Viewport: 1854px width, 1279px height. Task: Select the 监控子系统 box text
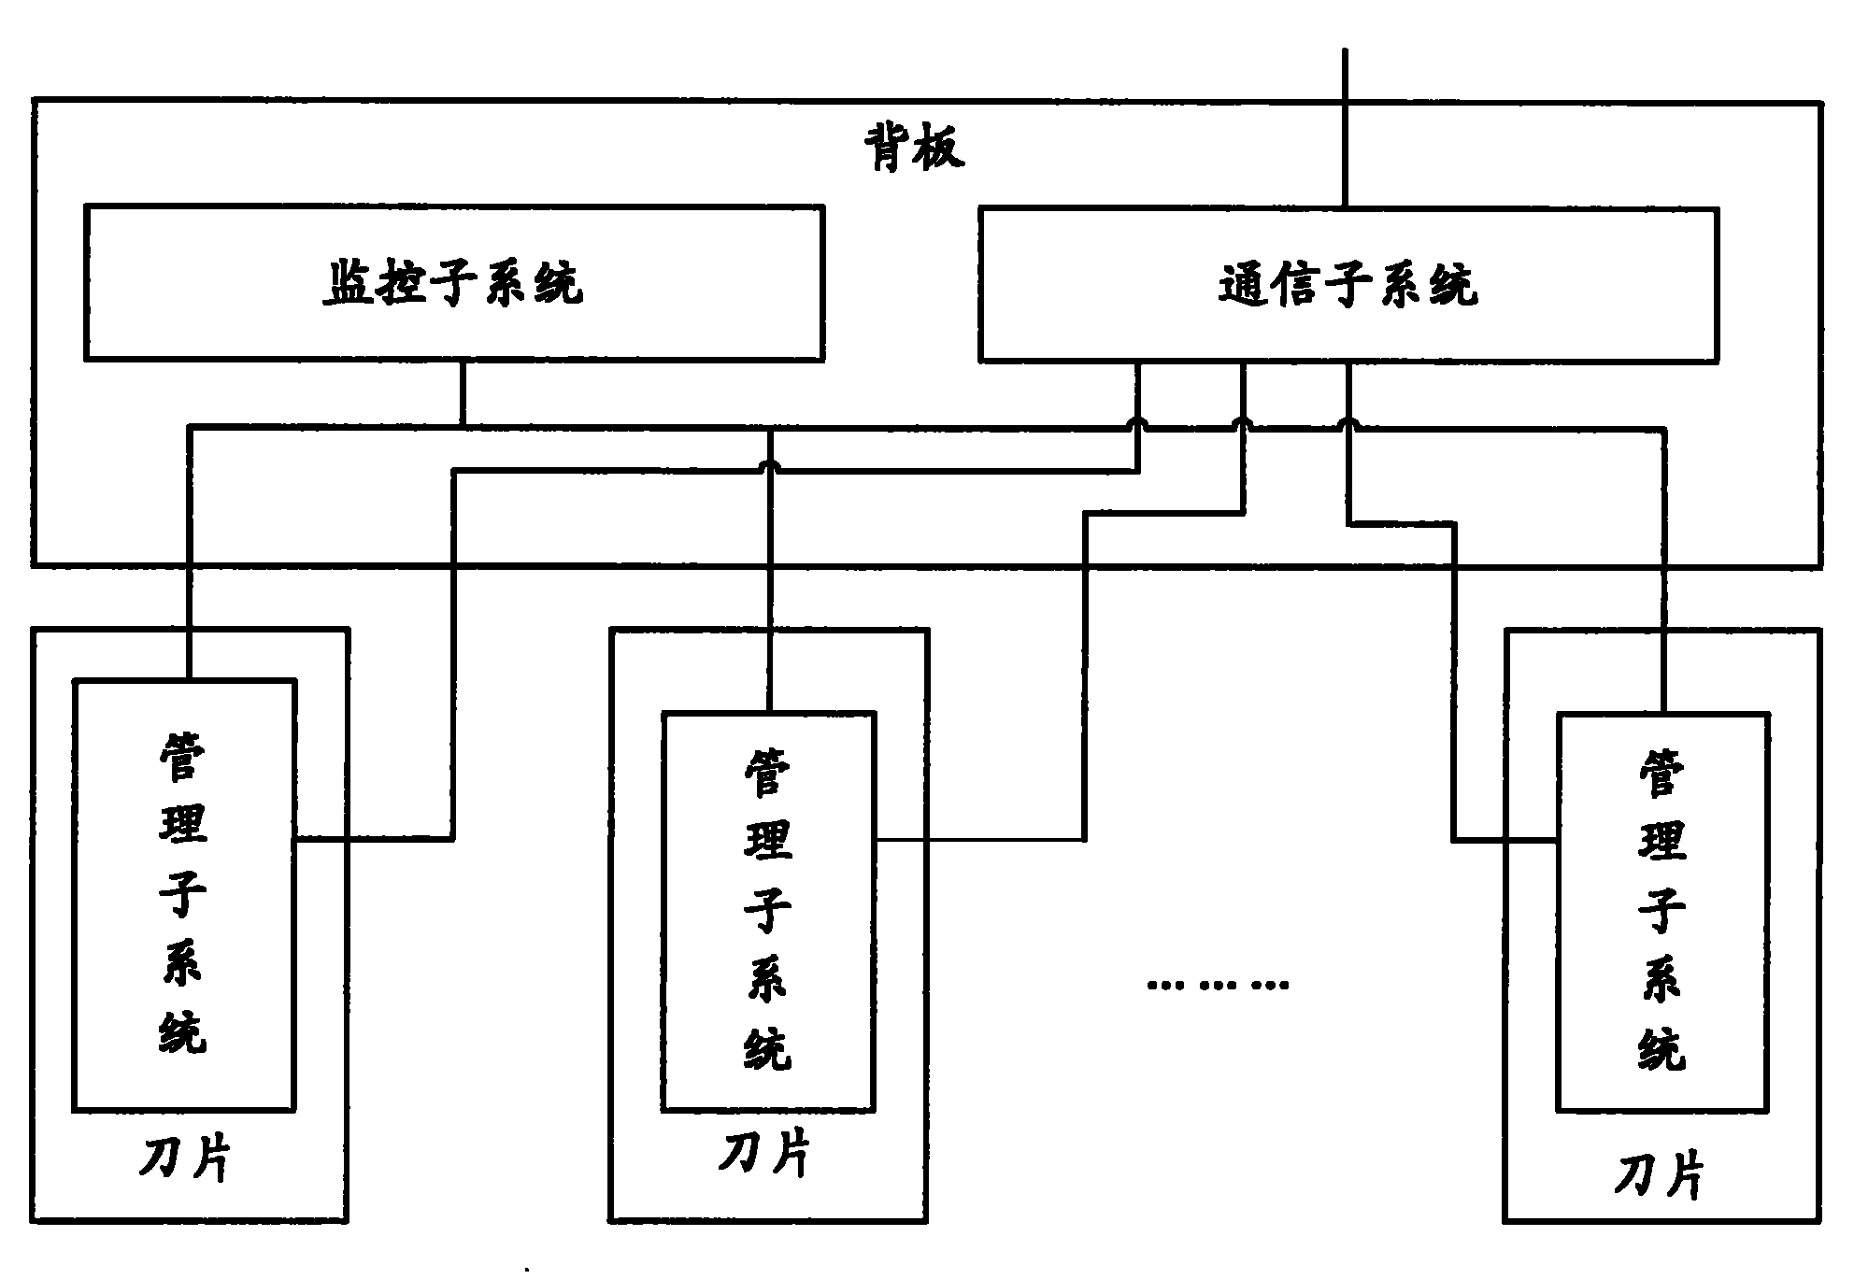click(x=453, y=283)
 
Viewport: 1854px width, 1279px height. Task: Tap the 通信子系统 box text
click(x=1348, y=285)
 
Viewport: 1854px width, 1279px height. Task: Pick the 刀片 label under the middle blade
click(x=764, y=1155)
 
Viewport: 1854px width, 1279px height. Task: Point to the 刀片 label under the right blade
click(x=1659, y=1175)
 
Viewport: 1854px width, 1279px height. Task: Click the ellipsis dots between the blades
click(x=1218, y=984)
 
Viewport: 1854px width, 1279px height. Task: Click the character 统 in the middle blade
click(x=767, y=1048)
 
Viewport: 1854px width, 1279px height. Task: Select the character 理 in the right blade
click(x=1661, y=838)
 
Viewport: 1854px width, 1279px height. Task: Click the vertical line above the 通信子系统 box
click(x=1346, y=131)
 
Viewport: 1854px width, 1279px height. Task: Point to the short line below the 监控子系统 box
click(x=462, y=392)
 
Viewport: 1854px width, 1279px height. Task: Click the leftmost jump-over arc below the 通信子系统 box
click(x=1137, y=425)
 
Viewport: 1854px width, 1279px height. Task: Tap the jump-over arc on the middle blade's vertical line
click(x=769, y=466)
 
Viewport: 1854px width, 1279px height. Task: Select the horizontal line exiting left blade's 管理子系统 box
click(x=374, y=839)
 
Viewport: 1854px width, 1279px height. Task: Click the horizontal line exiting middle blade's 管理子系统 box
click(x=981, y=840)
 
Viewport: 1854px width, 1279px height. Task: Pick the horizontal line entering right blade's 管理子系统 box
click(x=1505, y=841)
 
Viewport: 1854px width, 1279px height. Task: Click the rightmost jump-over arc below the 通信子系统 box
click(x=1348, y=425)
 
